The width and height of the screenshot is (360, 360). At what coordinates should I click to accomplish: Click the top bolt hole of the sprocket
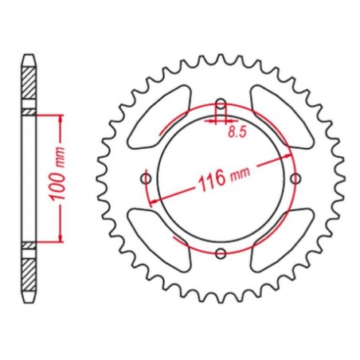coord(221,103)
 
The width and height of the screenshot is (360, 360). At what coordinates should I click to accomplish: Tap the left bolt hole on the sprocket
coord(146,178)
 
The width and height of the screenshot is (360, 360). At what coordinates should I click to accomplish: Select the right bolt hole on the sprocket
coord(295,178)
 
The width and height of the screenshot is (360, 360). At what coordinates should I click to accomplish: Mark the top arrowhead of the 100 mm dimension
coord(60,119)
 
